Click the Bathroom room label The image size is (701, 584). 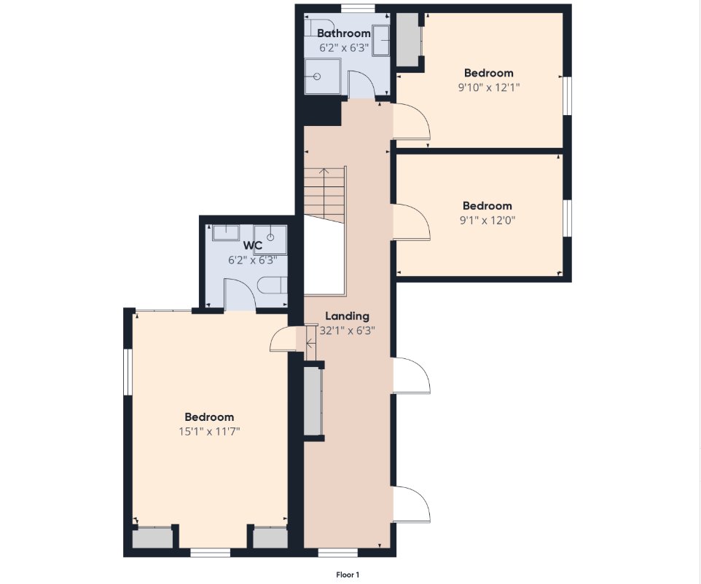point(344,33)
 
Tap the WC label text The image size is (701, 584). point(253,245)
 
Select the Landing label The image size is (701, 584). point(347,316)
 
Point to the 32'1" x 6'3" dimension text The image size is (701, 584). point(348,331)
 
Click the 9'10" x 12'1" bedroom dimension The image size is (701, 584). point(489,87)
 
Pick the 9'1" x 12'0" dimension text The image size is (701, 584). point(487,221)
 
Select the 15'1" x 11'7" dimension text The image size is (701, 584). point(209,432)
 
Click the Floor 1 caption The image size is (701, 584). point(348,575)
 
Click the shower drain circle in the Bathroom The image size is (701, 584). point(317,76)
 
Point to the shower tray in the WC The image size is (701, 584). point(270,240)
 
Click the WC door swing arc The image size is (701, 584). point(240,293)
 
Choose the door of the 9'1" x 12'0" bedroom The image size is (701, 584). point(411,222)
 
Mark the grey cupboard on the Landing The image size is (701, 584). point(313,400)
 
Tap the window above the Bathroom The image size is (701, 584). point(358,9)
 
